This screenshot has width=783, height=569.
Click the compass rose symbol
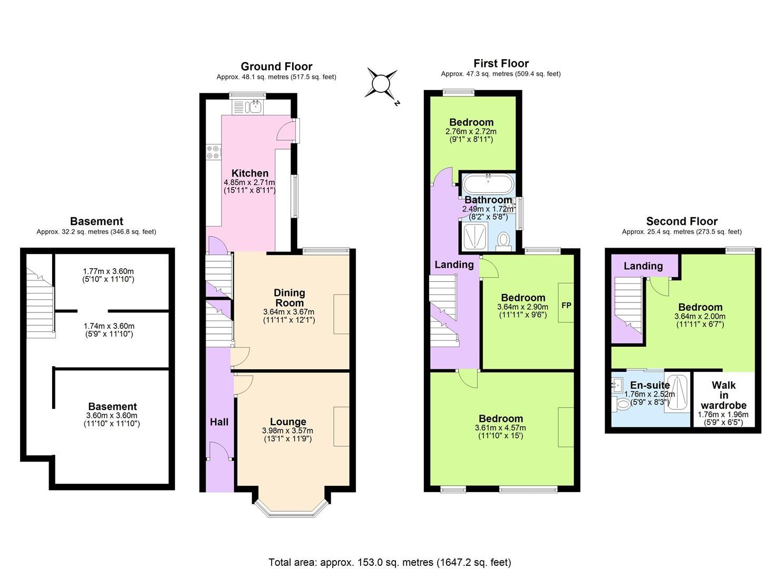click(x=381, y=84)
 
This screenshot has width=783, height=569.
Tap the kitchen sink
click(x=248, y=107)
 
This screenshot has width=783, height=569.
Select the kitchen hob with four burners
click(x=214, y=152)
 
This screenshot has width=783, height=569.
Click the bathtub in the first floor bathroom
click(x=487, y=184)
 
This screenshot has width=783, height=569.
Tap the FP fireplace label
click(x=566, y=306)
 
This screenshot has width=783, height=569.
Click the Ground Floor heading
click(x=276, y=66)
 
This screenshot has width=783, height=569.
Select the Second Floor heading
click(x=681, y=221)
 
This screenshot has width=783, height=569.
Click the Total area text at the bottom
click(x=390, y=562)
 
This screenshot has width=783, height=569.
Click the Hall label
click(x=219, y=421)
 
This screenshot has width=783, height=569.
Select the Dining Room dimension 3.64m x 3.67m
click(x=288, y=312)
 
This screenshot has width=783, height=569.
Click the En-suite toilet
click(x=623, y=404)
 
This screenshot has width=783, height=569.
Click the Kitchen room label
click(x=250, y=173)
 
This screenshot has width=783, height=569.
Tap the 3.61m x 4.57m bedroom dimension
click(x=500, y=428)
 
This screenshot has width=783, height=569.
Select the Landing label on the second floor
click(x=643, y=266)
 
